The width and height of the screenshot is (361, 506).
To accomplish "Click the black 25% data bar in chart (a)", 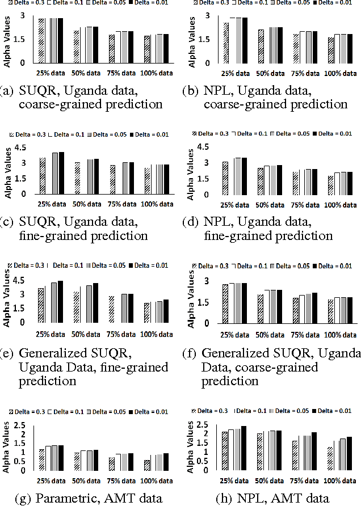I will [60, 40].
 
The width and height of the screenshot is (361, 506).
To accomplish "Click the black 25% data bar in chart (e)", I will [60, 301].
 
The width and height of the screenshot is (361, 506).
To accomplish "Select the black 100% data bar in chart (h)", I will [349, 453].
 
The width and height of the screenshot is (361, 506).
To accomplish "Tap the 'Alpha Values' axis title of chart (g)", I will [7, 446].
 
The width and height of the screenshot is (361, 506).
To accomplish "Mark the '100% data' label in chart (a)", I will [157, 73].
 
